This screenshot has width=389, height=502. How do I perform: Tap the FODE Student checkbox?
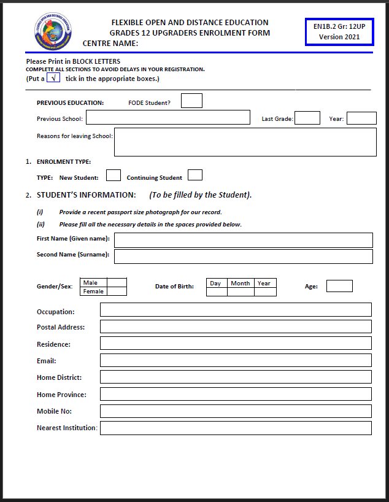[x=191, y=101]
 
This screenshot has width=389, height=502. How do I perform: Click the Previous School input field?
[x=168, y=118]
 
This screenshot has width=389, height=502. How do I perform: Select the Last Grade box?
[x=307, y=118]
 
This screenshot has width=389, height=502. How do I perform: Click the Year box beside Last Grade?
[x=361, y=118]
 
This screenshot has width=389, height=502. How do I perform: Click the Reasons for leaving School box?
[x=245, y=142]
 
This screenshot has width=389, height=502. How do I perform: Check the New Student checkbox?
[x=113, y=176]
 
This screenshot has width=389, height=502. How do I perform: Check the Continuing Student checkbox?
[x=195, y=176]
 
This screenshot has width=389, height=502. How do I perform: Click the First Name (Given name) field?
[x=243, y=240]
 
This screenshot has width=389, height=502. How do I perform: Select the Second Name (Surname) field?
[x=243, y=256]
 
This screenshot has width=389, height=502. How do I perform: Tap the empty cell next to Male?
[x=117, y=283]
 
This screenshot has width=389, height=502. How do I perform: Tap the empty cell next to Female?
[x=117, y=292]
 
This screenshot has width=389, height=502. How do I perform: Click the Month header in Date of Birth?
[x=241, y=283]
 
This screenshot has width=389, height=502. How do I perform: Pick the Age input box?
[x=339, y=286]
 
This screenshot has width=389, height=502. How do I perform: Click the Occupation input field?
[x=236, y=310]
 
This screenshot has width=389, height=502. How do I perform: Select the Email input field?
[x=236, y=360]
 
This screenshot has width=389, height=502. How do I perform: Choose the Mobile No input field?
[x=236, y=411]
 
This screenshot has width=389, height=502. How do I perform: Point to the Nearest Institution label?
[x=67, y=428]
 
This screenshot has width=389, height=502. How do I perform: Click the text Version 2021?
[x=340, y=37]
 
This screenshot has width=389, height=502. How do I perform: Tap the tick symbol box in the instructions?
[x=53, y=78]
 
